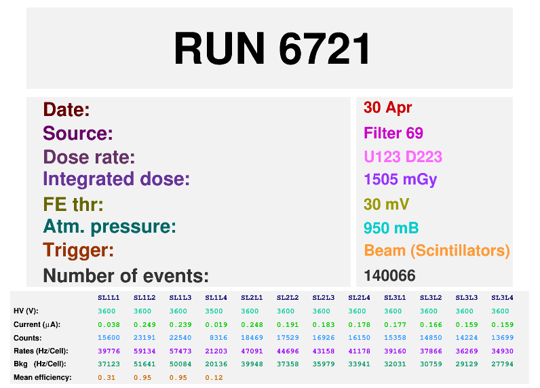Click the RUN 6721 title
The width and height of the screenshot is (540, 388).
coord(272,48)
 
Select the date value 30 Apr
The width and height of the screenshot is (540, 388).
coord(387,108)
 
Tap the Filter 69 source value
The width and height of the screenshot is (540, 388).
coord(393,133)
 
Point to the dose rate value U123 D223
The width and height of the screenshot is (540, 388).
coord(403,157)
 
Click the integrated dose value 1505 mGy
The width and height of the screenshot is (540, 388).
coord(400,180)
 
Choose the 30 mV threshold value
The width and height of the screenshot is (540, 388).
coord(387,204)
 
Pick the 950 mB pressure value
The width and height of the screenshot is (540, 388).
coord(391,228)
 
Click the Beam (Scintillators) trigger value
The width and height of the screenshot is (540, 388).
coord(437,250)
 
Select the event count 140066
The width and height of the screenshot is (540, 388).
coord(389,275)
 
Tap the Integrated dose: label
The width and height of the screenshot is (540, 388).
coord(117,179)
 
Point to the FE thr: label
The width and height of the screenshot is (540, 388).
coord(73,204)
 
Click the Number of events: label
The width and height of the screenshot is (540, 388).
coord(126,275)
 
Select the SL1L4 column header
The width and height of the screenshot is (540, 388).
coord(216,298)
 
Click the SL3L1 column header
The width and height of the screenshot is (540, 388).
coord(395,298)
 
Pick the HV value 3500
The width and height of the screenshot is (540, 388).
coord(214,311)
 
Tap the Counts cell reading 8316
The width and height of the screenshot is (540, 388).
coord(218,338)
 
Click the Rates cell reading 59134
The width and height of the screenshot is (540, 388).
coord(144,351)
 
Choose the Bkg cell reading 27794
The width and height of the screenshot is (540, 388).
coord(502,364)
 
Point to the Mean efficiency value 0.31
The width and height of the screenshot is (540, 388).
coord(107,378)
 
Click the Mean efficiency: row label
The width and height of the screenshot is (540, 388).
coord(43,377)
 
